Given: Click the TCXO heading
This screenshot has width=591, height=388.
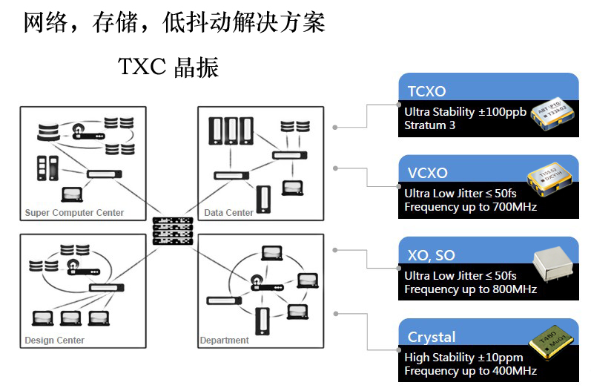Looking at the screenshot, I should [426, 91].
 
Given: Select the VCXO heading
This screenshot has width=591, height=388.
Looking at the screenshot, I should [427, 173].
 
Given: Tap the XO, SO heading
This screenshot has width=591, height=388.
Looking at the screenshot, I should [431, 255].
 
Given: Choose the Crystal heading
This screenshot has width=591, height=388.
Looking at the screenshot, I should [432, 337].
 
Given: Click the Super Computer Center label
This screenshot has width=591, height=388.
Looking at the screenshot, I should [74, 213].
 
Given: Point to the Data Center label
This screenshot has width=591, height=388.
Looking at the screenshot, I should [228, 213].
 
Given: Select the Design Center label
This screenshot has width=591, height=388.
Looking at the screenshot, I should [54, 341].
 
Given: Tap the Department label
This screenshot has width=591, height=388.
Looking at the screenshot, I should [224, 341].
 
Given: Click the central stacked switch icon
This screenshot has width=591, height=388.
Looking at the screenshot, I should [172, 231].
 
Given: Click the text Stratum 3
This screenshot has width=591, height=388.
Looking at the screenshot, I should [429, 125].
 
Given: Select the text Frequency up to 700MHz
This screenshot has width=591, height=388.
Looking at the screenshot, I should [470, 207].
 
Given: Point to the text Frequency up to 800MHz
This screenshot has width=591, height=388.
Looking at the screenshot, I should [470, 289].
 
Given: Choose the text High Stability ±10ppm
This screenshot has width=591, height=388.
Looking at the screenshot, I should [463, 357].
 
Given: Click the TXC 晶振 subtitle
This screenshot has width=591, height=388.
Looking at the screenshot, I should [168, 68].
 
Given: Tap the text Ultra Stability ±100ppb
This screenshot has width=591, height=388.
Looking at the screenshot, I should [465, 112].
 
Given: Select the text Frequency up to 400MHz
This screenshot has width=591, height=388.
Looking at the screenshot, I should [470, 370].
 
